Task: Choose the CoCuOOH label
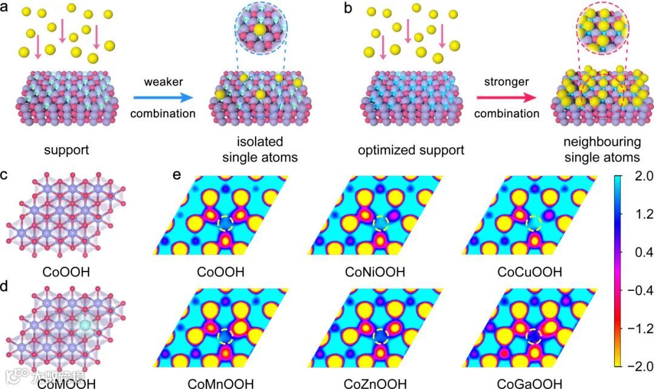tap(528, 273)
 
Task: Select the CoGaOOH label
tap(528, 383)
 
